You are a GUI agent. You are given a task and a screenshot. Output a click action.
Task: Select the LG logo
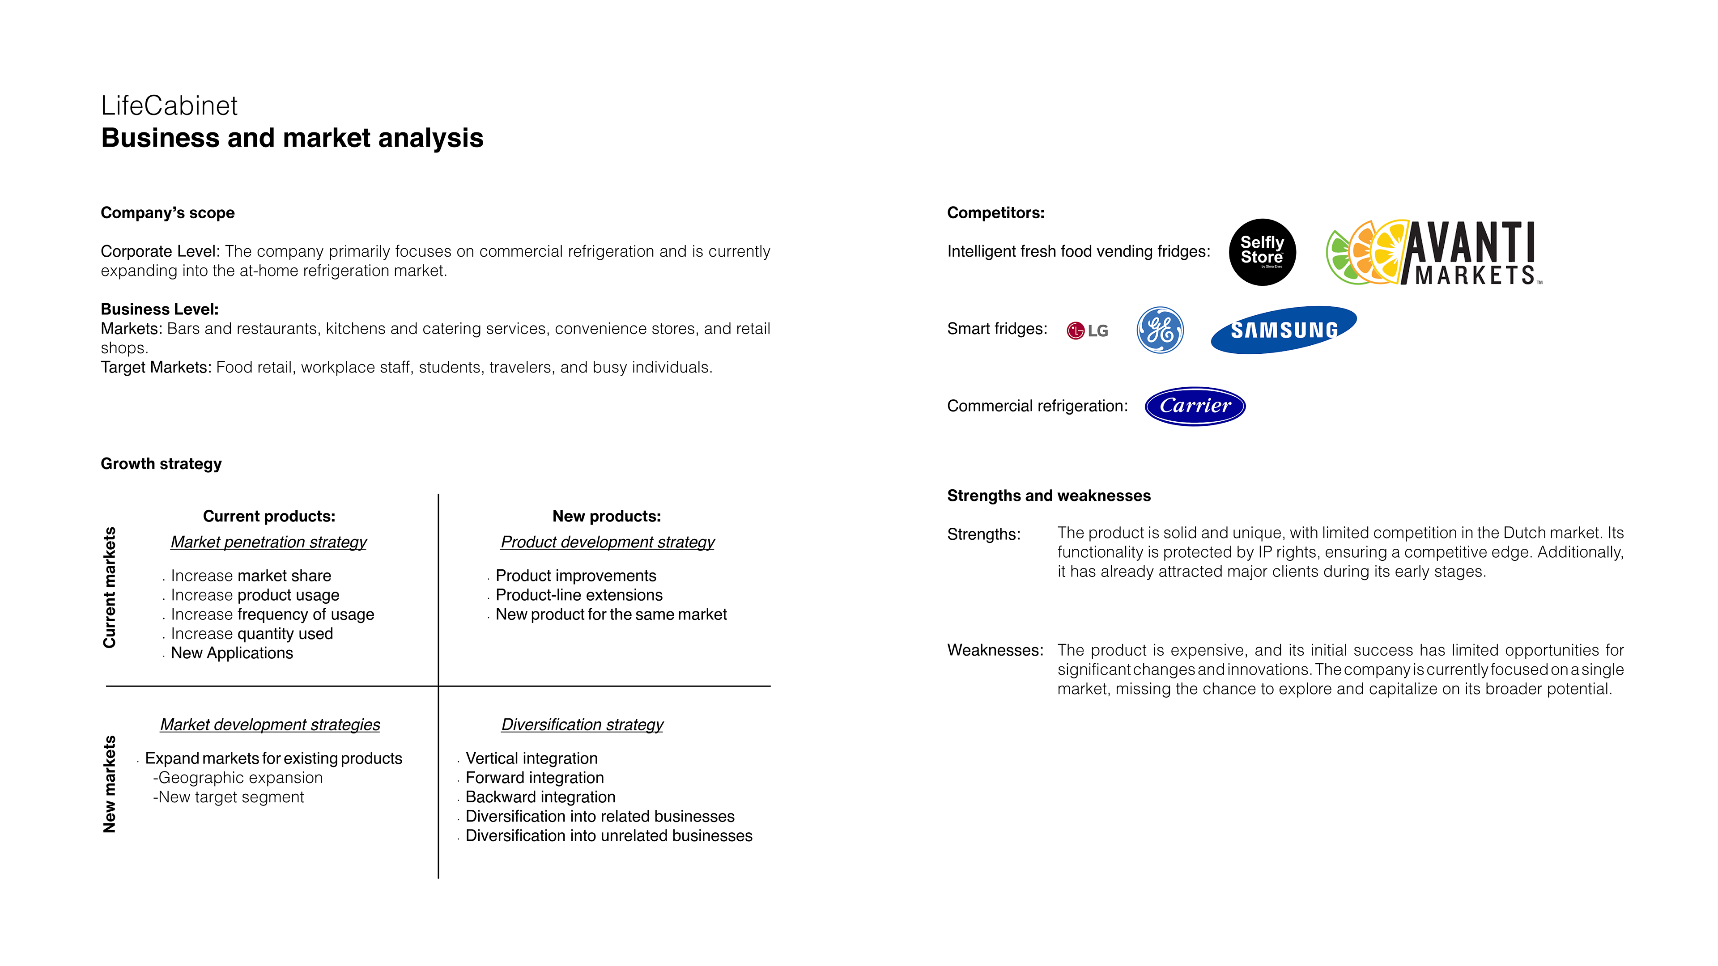(1087, 330)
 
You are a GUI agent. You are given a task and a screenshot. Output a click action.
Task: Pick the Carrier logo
(1195, 406)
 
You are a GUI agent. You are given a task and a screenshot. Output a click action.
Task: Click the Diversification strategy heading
(582, 724)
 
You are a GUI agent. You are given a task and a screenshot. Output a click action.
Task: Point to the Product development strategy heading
(607, 542)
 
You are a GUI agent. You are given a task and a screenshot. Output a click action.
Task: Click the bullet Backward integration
(540, 797)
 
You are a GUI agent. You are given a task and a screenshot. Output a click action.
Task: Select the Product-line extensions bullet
(579, 595)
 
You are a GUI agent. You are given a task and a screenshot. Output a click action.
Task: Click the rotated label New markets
(109, 784)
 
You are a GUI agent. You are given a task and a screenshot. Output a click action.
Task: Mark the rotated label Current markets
(109, 587)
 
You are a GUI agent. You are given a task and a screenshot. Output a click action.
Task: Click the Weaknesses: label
(995, 651)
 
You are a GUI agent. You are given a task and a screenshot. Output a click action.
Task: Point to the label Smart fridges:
(997, 329)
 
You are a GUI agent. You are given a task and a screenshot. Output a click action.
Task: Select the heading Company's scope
(167, 213)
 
